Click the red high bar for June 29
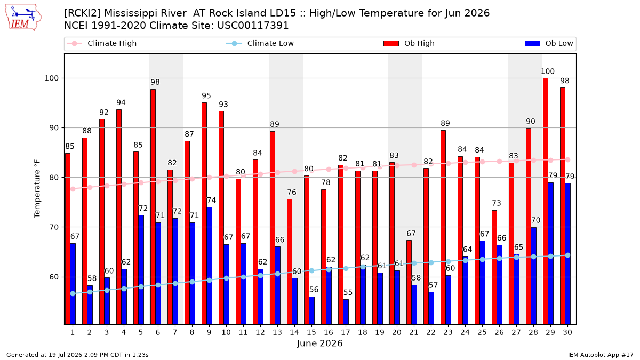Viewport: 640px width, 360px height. click(x=546, y=201)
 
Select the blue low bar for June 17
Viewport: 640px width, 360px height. click(x=346, y=311)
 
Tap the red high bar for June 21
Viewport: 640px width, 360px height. click(x=409, y=282)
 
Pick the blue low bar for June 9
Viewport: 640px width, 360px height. click(x=210, y=266)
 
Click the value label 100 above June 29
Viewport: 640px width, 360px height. click(x=547, y=71)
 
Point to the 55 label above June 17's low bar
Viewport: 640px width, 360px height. click(x=348, y=293)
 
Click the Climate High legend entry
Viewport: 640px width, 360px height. click(x=101, y=43)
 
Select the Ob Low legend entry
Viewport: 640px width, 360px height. click(x=549, y=43)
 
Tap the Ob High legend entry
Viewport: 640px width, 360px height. click(x=409, y=43)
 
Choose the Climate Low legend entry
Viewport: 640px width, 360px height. click(x=260, y=43)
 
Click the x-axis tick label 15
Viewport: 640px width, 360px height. click(x=311, y=332)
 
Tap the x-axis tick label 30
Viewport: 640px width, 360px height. click(x=567, y=332)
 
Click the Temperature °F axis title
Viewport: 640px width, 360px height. click(x=37, y=189)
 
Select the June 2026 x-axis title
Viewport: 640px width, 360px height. click(x=319, y=343)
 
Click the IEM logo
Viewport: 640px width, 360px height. click(x=23, y=18)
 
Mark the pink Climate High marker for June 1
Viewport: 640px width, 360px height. click(x=73, y=189)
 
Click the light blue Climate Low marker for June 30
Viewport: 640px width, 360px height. click(x=567, y=255)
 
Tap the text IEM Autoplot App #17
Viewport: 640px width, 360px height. click(x=601, y=355)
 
